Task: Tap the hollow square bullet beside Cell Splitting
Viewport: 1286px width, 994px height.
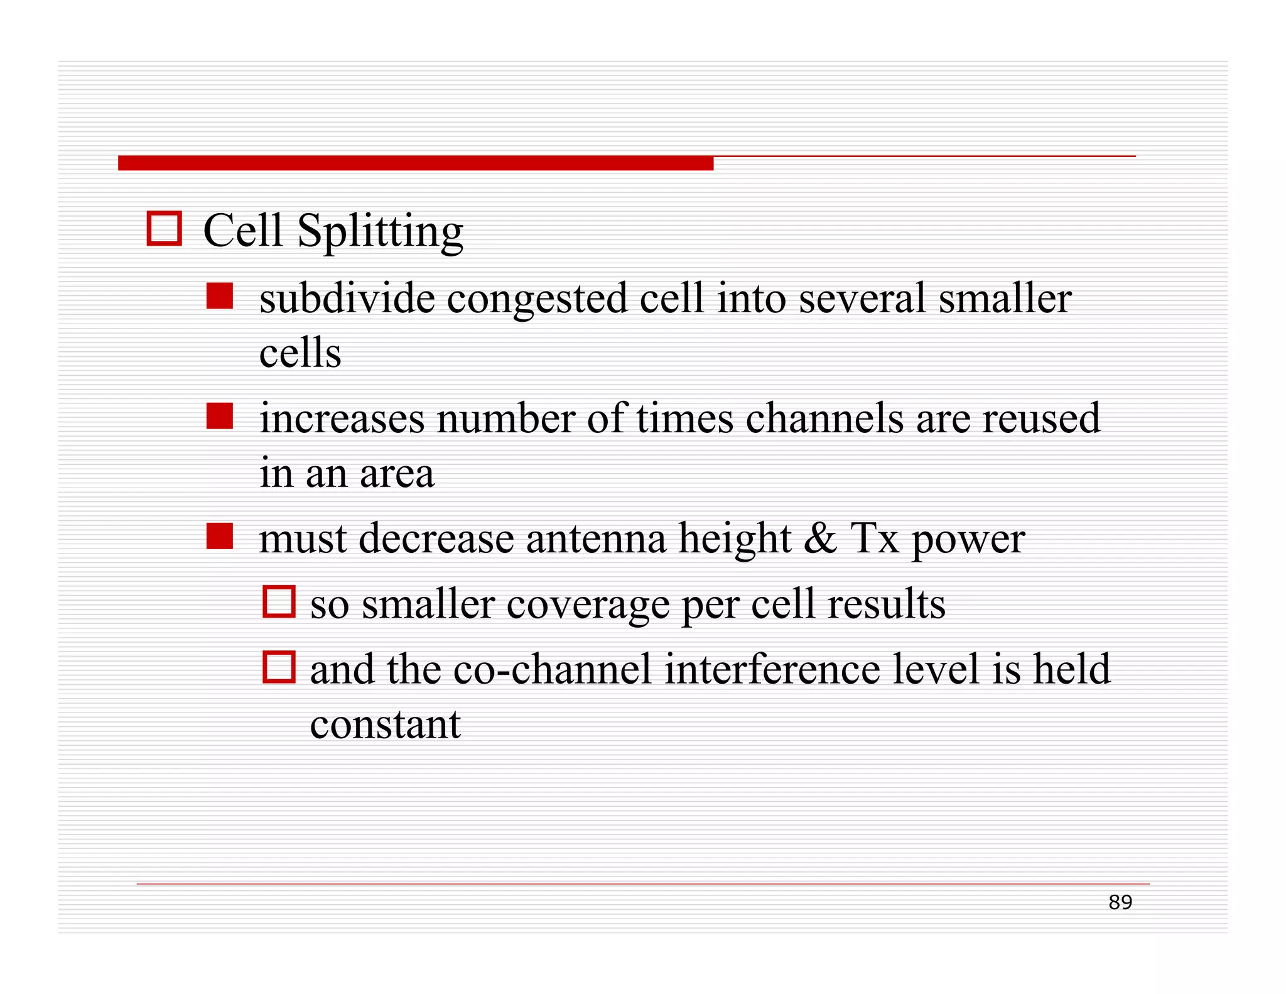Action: pos(165,228)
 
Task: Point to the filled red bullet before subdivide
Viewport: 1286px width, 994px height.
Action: pos(220,296)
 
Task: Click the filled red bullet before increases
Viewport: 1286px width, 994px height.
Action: pos(220,416)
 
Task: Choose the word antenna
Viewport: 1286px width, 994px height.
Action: pos(595,538)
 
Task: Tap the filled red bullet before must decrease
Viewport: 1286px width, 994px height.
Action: pos(220,536)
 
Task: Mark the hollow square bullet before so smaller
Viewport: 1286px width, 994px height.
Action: pos(279,601)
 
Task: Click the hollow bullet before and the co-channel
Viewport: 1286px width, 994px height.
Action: pos(279,667)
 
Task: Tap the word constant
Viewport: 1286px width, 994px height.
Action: pos(385,724)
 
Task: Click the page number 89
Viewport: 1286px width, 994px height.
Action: pos(1120,902)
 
